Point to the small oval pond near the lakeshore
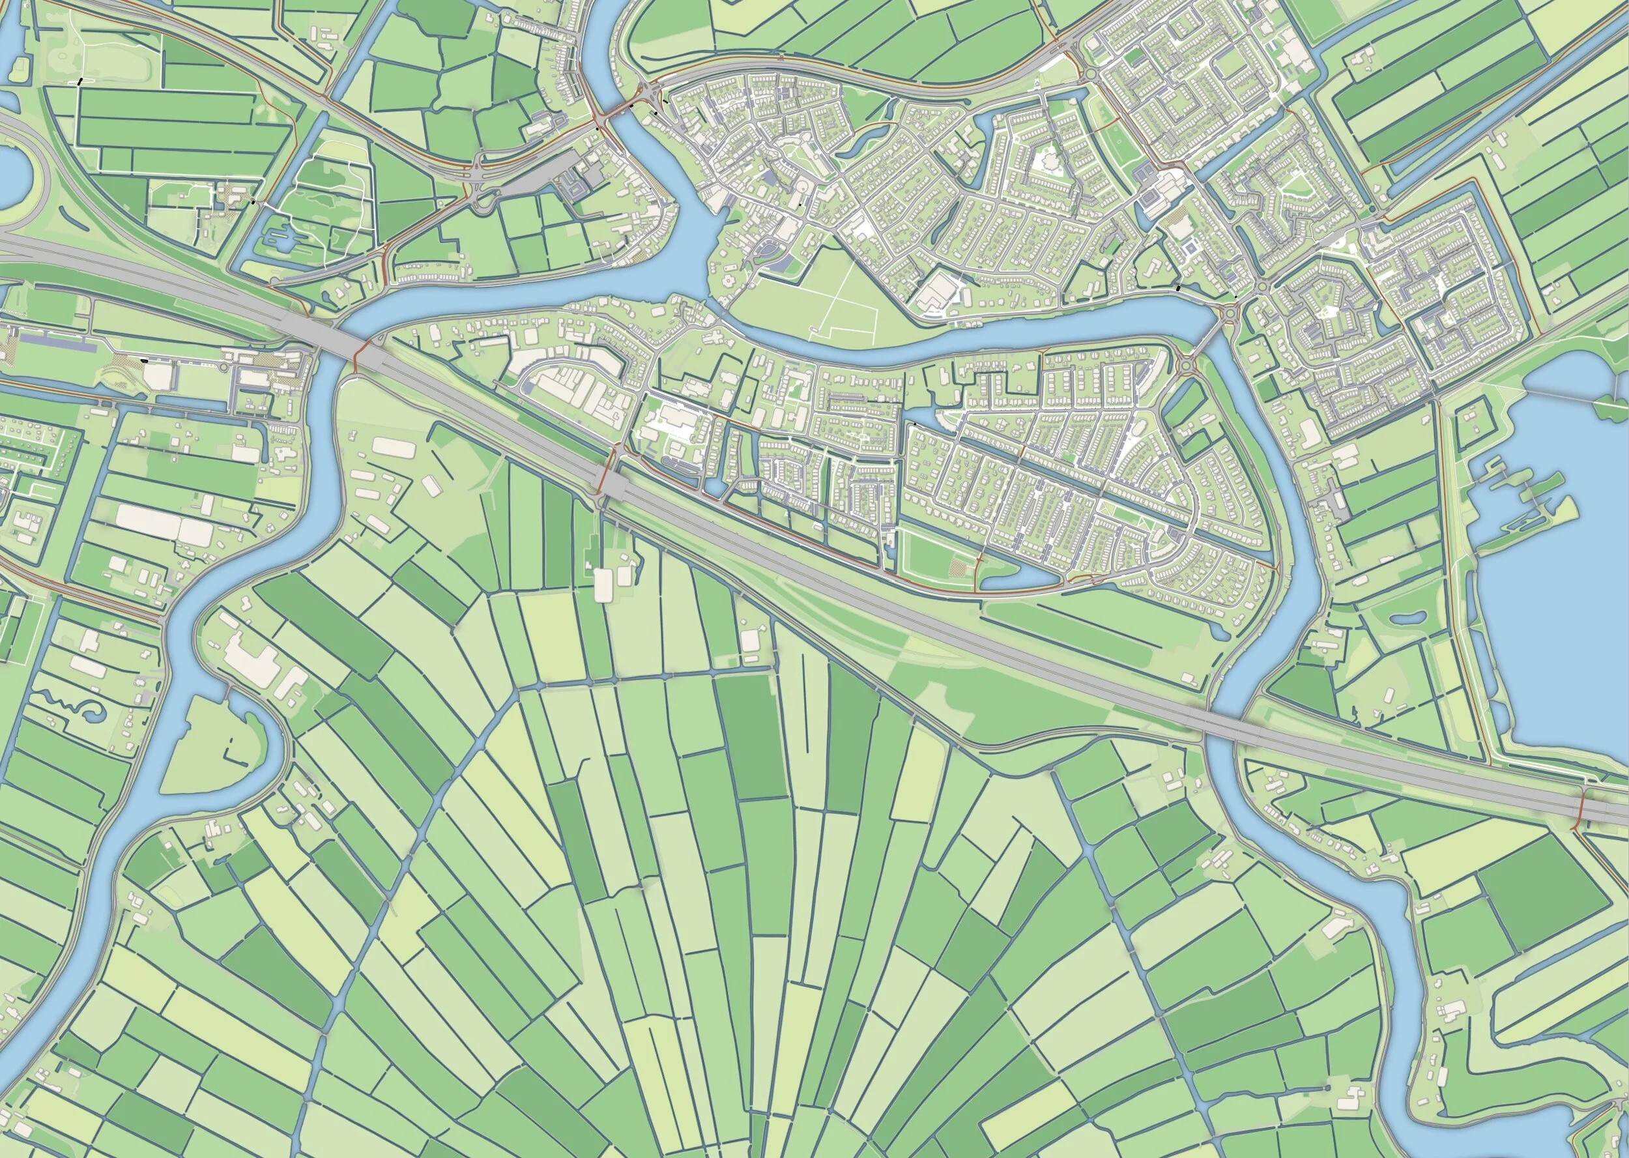(x=1405, y=619)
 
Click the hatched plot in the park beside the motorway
(x=956, y=568)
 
